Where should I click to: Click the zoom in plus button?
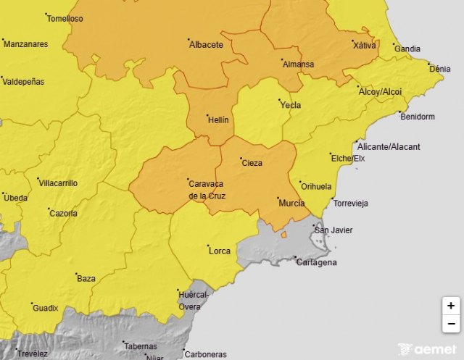coord(451,306)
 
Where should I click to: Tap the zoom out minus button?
coord(451,324)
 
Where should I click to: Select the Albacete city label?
coord(206,45)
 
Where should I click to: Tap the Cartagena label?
coord(317,262)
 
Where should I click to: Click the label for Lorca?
coord(219,251)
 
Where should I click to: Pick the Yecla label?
coord(290,106)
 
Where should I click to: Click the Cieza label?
coord(252,163)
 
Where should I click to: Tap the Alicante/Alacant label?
coord(389,147)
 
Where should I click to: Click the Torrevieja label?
coord(351,204)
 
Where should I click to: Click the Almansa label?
coord(298,64)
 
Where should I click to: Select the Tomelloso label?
coord(65,19)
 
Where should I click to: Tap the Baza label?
coord(86,278)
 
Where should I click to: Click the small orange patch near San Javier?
coord(284,234)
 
